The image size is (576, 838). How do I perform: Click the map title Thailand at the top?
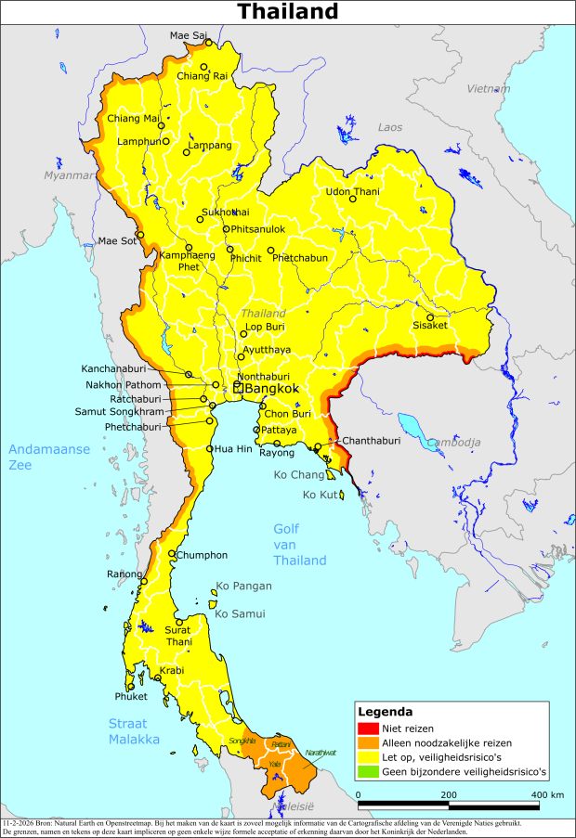click(287, 12)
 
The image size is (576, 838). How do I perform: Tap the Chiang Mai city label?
click(133, 118)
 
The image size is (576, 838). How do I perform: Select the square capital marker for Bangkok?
click(238, 388)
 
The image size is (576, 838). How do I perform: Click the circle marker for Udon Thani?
click(353, 199)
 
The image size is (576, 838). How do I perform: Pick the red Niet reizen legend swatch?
click(369, 728)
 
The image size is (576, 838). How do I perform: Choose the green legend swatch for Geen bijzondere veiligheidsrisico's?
click(369, 771)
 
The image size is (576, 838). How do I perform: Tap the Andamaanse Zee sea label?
click(49, 457)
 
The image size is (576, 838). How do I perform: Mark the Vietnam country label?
click(489, 89)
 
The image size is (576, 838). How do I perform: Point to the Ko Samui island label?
click(240, 613)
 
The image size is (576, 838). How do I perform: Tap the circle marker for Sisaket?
click(430, 316)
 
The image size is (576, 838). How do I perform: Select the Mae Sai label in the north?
click(188, 35)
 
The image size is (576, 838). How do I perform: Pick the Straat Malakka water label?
click(133, 731)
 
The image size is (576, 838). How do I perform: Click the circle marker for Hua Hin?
click(209, 449)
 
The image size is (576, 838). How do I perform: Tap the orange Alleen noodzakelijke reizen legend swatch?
click(369, 742)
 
